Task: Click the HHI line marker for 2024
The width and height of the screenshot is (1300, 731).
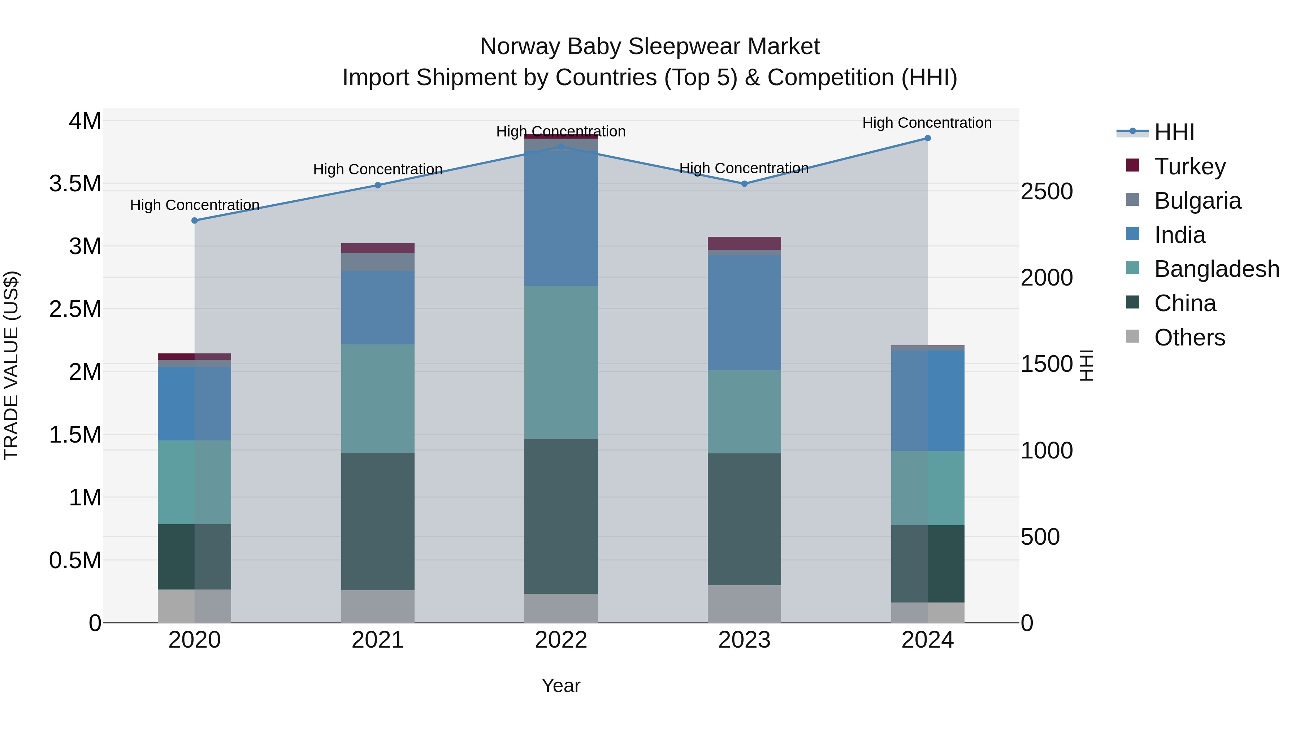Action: (x=927, y=138)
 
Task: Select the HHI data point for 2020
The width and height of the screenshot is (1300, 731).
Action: (x=195, y=221)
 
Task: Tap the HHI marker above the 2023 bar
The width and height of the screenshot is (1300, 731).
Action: (x=744, y=184)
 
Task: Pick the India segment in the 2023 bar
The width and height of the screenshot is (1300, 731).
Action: (x=744, y=312)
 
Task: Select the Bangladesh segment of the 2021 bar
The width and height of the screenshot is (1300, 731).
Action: (x=377, y=398)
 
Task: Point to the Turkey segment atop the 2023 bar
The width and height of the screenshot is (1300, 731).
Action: (x=744, y=243)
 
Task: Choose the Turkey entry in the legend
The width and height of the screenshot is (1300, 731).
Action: (x=1189, y=166)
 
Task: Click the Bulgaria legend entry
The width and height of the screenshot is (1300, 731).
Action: (x=1197, y=201)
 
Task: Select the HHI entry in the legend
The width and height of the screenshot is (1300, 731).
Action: (x=1174, y=132)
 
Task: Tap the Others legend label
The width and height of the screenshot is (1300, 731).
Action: (x=1189, y=338)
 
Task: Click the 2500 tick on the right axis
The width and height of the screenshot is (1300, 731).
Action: (x=1046, y=192)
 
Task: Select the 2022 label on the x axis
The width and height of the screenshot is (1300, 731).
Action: (x=561, y=640)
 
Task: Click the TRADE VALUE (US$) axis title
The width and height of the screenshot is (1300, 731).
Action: (x=11, y=365)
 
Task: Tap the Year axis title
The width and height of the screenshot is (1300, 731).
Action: (x=561, y=686)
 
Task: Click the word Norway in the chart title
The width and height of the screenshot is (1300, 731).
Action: (x=520, y=47)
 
